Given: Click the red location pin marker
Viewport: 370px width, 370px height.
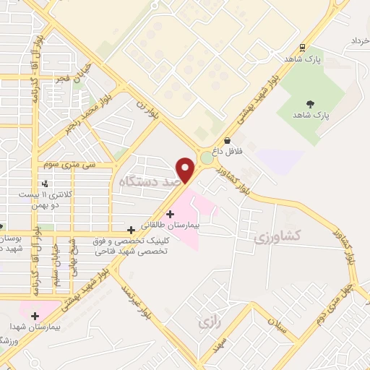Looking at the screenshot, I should coord(186,170).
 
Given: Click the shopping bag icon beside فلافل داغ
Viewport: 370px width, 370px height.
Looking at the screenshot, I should coord(228,141).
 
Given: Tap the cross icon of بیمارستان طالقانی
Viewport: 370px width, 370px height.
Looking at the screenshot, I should coord(170,214).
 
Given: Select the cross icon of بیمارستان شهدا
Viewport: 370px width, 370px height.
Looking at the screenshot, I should coord(34,315).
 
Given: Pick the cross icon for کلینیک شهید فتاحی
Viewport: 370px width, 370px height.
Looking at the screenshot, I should coord(130,230).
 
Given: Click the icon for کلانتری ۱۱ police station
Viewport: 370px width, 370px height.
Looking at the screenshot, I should coord(46,184).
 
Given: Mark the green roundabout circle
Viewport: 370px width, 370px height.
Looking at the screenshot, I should coord(207,157).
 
